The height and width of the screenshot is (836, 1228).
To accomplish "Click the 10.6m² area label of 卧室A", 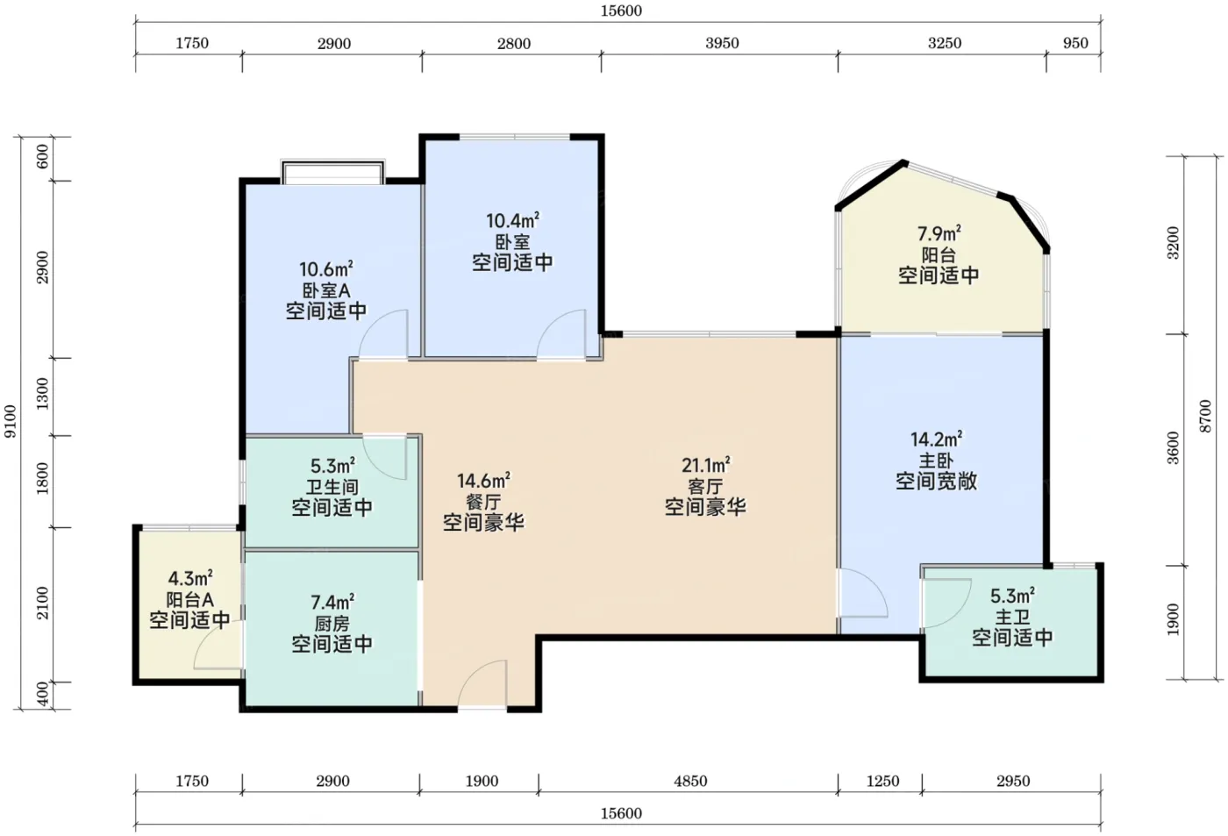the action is (x=325, y=269).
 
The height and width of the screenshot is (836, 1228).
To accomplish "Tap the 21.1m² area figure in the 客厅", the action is (x=705, y=466).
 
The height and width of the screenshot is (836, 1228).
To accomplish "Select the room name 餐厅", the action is (x=483, y=502).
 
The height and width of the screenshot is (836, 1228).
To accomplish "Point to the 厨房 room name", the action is (x=332, y=624).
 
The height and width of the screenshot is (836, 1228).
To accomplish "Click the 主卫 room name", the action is (x=1012, y=617).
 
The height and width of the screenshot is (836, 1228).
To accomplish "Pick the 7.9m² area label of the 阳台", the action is (x=939, y=234).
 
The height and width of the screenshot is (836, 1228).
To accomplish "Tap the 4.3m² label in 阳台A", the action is (x=189, y=578).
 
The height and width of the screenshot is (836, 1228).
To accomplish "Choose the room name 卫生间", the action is (x=332, y=487).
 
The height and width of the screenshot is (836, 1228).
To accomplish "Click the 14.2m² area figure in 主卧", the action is (x=937, y=439).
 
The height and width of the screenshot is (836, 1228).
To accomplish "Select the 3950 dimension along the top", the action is (x=722, y=43).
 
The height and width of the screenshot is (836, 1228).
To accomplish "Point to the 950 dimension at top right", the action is (x=1075, y=43).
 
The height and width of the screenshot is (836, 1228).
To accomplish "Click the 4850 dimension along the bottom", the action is (x=690, y=781).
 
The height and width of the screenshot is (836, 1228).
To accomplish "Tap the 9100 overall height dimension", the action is (x=10, y=421).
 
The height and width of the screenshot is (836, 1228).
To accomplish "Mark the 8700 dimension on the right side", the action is (x=1204, y=416).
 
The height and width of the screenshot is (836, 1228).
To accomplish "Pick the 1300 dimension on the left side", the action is (x=42, y=394).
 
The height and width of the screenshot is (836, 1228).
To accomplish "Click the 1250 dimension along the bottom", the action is (x=882, y=781).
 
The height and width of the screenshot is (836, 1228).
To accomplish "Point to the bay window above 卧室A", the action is (x=332, y=172).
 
